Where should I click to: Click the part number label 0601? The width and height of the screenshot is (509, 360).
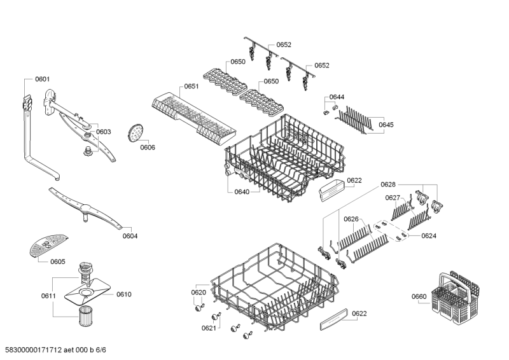coord(43,80)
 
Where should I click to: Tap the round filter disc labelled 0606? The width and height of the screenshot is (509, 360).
coord(135,133)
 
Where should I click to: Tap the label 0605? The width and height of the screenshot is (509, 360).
coord(58,261)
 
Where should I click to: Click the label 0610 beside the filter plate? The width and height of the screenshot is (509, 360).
coord(123,294)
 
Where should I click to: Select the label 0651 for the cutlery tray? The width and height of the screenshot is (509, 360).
coord(192,87)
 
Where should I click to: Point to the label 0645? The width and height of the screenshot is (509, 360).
coord(386,125)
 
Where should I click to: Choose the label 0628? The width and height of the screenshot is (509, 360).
coord(388,184)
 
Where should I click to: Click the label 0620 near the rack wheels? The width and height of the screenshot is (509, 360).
coord(199,292)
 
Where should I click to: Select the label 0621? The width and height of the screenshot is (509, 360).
coord(209,328)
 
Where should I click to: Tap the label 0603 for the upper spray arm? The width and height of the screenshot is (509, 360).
coord(104,132)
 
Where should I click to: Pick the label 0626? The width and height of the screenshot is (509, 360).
coord(351,219)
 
